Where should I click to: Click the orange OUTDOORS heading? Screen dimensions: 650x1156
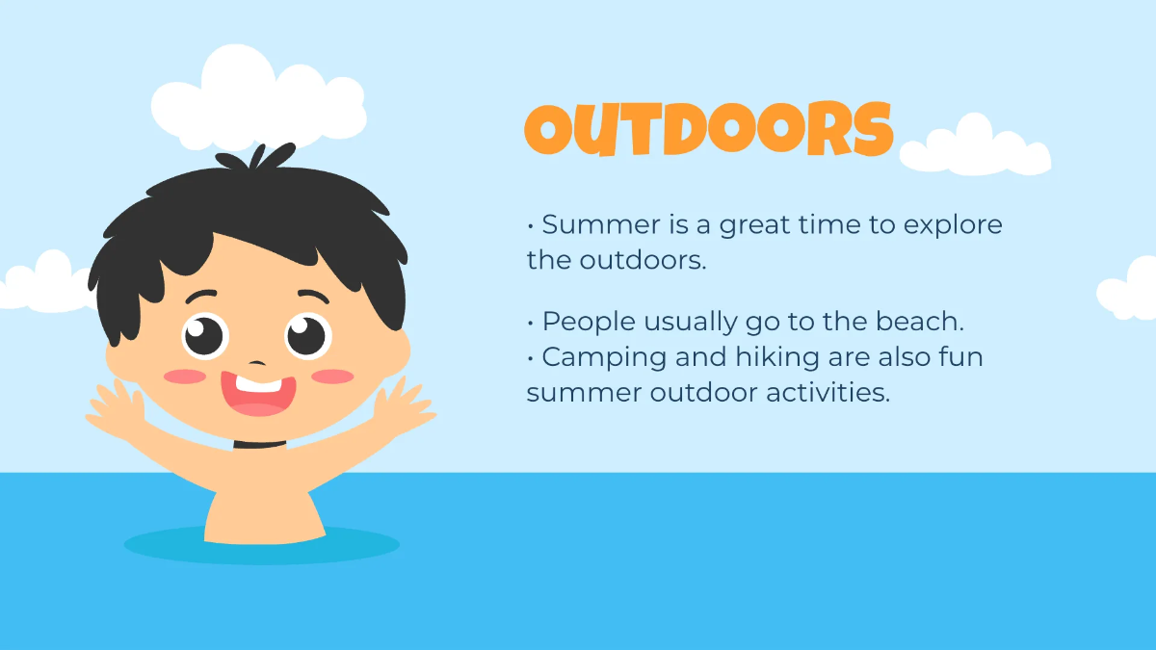708,129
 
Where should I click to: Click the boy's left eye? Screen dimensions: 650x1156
205,336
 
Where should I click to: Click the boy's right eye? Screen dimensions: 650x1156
307,335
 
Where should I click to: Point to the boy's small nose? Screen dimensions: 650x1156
257,363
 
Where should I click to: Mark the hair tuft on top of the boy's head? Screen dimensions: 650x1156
257,157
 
